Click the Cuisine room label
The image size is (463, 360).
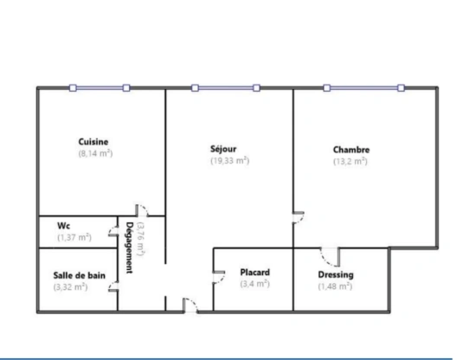pyautogui.click(x=93, y=141)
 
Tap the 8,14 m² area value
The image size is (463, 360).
pyautogui.click(x=94, y=152)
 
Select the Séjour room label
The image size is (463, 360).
pyautogui.click(x=223, y=148)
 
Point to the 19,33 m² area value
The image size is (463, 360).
pyautogui.click(x=229, y=159)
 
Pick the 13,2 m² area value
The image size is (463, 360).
pyautogui.click(x=350, y=160)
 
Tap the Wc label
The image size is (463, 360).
pyautogui.click(x=63, y=225)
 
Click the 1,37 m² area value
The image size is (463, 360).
pyautogui.click(x=74, y=236)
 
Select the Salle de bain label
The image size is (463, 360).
pyautogui.click(x=74, y=275)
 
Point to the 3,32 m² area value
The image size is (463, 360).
pyautogui.click(x=70, y=286)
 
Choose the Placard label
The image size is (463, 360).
pyautogui.click(x=254, y=272)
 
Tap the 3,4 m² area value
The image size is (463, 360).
pyautogui.click(x=254, y=283)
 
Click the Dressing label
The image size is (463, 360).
pyautogui.click(x=335, y=275)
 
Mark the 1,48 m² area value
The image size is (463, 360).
pyautogui.click(x=335, y=286)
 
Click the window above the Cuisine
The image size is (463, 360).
pyautogui.click(x=100, y=87)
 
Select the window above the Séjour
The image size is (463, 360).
pyautogui.click(x=225, y=87)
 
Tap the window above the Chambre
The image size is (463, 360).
pyautogui.click(x=363, y=87)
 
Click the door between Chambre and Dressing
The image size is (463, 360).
pyautogui.click(x=329, y=255)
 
